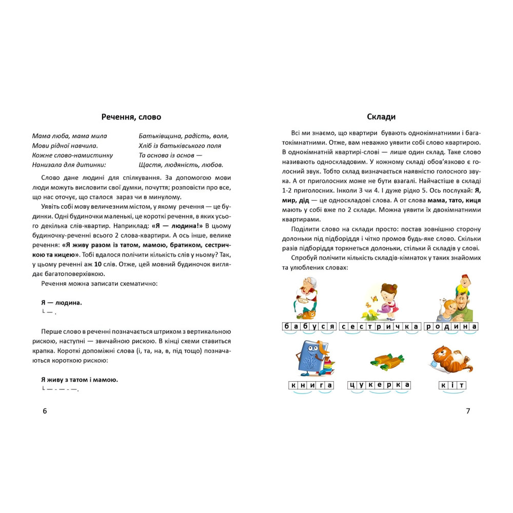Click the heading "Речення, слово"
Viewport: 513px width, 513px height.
(131, 117)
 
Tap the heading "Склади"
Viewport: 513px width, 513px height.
(381, 117)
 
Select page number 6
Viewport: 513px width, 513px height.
(45, 410)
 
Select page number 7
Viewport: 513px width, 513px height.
(467, 410)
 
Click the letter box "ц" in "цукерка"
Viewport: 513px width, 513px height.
(352, 385)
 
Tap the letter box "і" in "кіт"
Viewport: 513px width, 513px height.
(451, 385)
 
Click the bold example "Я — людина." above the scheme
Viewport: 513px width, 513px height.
(62, 303)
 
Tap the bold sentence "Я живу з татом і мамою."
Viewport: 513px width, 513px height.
(80, 380)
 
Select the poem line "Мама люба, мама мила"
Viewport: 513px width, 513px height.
(69, 136)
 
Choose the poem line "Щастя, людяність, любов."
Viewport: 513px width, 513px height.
(181, 165)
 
